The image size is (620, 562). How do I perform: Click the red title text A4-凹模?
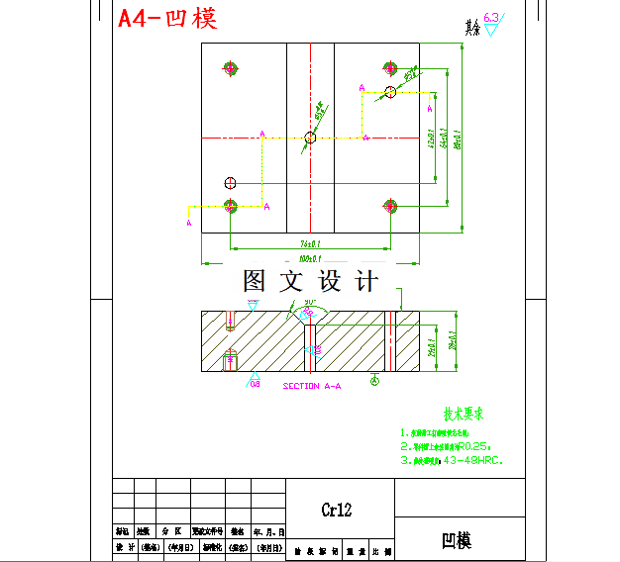166,18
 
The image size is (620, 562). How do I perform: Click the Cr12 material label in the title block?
336,511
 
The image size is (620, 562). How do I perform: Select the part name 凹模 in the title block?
457,540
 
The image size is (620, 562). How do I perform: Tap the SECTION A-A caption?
312,386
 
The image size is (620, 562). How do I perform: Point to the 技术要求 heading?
464,415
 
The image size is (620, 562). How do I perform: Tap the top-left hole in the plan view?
231,67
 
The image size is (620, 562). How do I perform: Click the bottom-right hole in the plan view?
390,206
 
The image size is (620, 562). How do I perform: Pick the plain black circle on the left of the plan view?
231,182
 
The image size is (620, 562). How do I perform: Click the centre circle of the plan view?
310,139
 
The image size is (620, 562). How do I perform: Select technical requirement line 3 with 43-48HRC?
453,460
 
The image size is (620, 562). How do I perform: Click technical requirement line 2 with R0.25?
447,446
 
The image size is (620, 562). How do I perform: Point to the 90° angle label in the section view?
310,302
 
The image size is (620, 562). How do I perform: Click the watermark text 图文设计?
310,281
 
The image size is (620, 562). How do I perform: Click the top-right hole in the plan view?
390,67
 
